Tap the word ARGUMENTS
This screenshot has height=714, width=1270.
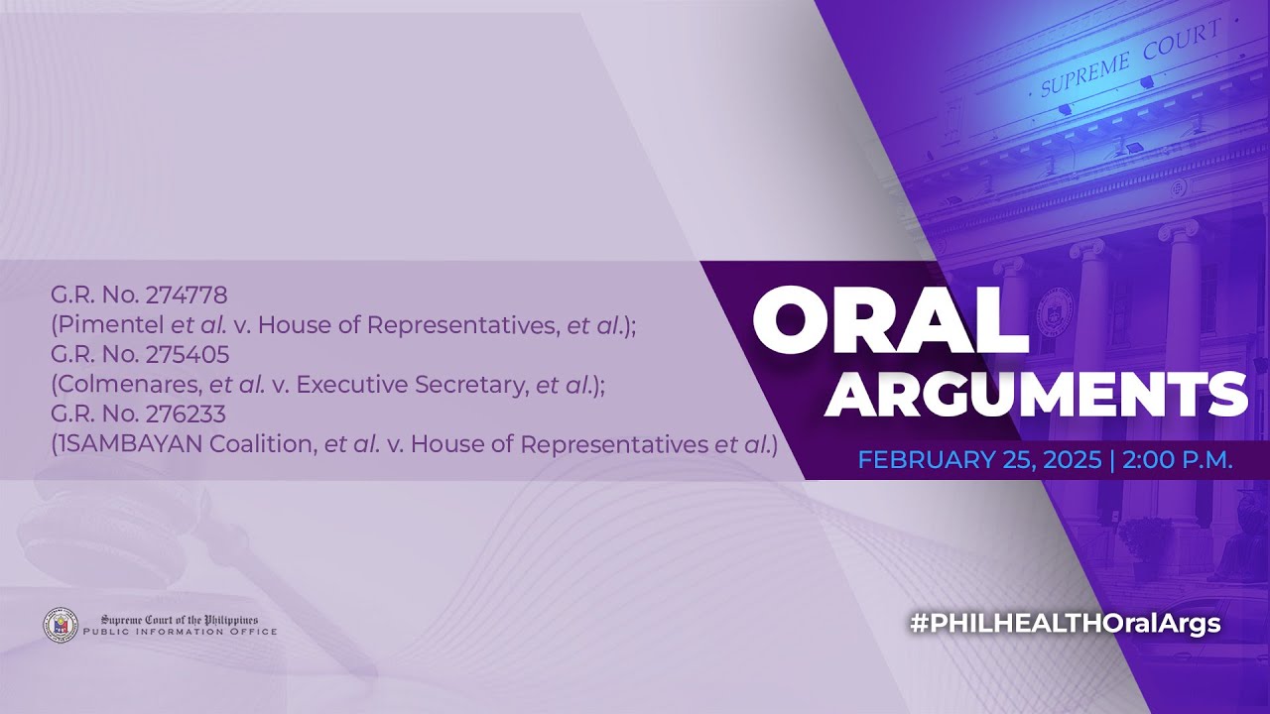[1036, 396]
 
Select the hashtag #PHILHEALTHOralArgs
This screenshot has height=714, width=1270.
[1065, 624]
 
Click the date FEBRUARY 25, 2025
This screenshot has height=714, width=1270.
[979, 460]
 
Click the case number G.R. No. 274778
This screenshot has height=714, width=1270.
[139, 295]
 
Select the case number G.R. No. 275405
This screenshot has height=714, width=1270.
[139, 354]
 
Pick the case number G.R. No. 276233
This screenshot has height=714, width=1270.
[139, 415]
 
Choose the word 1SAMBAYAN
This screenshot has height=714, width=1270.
[130, 444]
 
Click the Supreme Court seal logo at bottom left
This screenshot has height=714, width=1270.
[61, 625]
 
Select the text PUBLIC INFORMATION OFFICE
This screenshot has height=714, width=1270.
[180, 632]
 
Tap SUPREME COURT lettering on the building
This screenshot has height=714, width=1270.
[1128, 60]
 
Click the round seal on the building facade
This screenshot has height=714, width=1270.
[1053, 311]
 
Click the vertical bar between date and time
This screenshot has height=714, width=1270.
[1112, 460]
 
